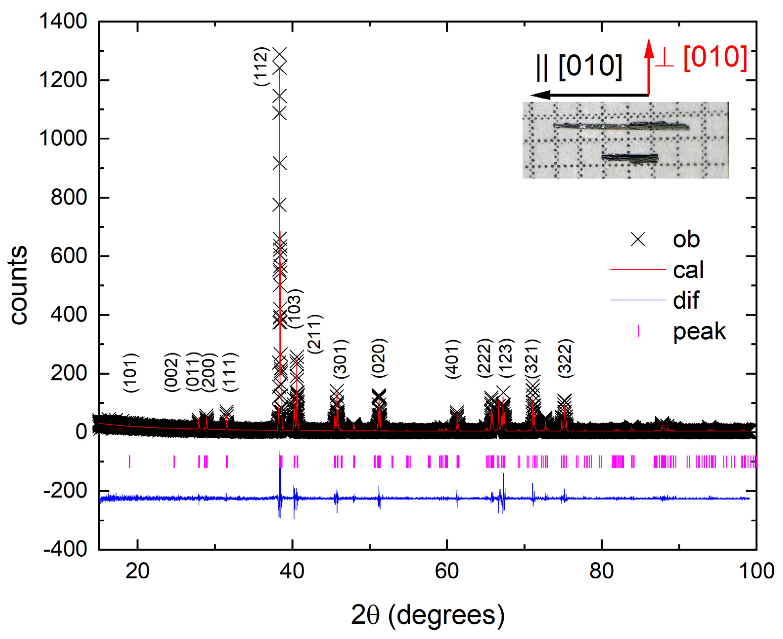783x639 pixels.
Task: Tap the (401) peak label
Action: tap(453, 359)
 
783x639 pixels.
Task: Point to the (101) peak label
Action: tap(131, 373)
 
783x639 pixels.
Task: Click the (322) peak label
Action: tap(565, 358)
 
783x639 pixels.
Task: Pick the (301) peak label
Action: tap(341, 359)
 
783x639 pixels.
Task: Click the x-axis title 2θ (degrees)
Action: tap(427, 615)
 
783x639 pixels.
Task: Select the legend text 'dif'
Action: tap(686, 300)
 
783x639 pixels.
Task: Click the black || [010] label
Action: tap(579, 67)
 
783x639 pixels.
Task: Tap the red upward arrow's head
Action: tap(649, 48)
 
